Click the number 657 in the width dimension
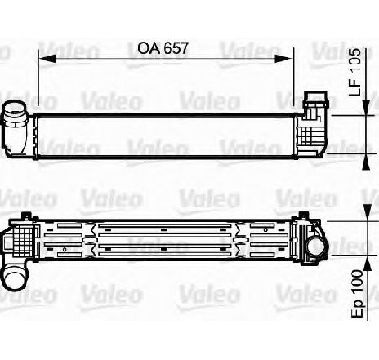pyautogui.click(x=176, y=48)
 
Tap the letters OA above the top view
pyautogui.click(x=149, y=48)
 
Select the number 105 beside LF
pyautogui.click(x=355, y=60)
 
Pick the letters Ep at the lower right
pyautogui.click(x=357, y=308)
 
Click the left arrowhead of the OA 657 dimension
pyautogui.click(x=47, y=59)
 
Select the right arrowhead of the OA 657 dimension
pyautogui.click(x=285, y=59)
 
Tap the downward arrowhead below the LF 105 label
pyautogui.click(x=367, y=108)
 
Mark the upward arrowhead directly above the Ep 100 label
pyautogui.click(x=367, y=264)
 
